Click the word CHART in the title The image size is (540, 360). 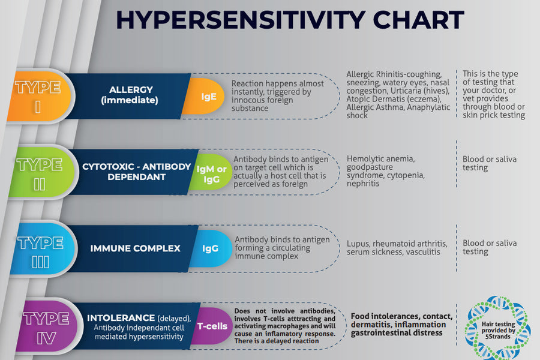click(418, 20)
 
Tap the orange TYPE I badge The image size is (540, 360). click(38, 96)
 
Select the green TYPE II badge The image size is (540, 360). click(41, 173)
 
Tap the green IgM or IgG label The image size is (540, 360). click(211, 172)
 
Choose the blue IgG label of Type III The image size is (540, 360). click(211, 248)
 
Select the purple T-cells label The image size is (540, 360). click(212, 326)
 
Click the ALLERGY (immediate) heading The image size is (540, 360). click(130, 95)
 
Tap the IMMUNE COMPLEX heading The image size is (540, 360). click(136, 248)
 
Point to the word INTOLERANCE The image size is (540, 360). click(121, 317)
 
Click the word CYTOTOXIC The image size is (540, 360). click(108, 166)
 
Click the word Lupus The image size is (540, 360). click(358, 244)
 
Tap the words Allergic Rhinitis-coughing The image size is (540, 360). click(394, 74)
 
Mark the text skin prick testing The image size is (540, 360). click(494, 115)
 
